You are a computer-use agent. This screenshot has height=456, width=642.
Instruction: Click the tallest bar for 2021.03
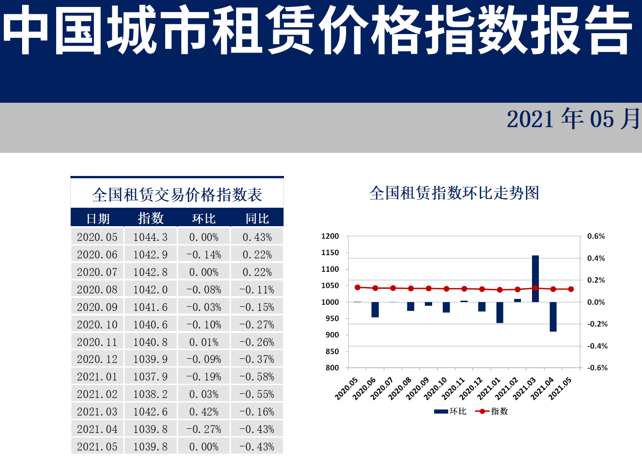535,279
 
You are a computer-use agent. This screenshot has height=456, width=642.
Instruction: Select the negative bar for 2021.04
553,316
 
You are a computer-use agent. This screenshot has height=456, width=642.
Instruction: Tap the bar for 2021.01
500,312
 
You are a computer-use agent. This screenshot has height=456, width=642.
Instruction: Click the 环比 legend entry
451,411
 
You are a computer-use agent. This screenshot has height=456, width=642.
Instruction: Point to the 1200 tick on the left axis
330,236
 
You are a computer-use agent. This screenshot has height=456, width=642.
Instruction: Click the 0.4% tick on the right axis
596,258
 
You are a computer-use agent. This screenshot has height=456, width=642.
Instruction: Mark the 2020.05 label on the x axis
346,389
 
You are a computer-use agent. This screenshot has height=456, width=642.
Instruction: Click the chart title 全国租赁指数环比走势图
454,193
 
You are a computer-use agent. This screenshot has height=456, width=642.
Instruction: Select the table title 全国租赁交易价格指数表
177,195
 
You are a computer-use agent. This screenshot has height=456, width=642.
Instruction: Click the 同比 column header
257,218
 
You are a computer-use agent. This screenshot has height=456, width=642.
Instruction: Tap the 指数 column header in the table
151,218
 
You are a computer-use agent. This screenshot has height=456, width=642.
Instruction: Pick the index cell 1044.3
150,237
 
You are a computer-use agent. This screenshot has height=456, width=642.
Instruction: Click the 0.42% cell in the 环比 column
204,412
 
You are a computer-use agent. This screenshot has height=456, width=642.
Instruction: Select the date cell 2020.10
97,325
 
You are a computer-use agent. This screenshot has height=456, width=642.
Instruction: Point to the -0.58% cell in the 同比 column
257,377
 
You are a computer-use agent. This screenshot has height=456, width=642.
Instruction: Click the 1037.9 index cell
150,377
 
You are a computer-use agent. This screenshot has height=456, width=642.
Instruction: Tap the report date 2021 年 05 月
573,119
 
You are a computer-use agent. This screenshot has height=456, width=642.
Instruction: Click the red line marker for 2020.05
358,287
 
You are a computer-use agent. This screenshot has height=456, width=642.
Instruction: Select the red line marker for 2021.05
571,289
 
